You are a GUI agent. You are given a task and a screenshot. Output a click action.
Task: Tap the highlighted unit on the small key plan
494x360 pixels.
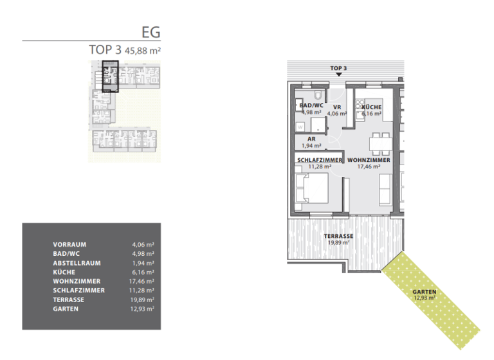(x=111, y=76)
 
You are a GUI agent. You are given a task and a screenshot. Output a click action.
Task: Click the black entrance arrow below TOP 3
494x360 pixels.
(x=338, y=75)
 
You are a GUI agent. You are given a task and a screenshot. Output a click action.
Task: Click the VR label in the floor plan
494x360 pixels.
(x=336, y=107)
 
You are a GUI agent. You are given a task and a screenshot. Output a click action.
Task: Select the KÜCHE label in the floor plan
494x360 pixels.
(x=372, y=107)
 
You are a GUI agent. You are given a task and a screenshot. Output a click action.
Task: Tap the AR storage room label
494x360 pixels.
(x=311, y=139)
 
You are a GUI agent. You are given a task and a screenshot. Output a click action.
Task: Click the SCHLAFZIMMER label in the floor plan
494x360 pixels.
(x=320, y=159)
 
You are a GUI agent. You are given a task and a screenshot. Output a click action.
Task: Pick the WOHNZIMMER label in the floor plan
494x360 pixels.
(x=369, y=159)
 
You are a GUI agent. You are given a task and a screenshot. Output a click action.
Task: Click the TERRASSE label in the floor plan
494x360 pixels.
(x=338, y=236)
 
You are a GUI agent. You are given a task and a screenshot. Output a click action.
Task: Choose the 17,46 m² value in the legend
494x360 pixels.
(x=142, y=282)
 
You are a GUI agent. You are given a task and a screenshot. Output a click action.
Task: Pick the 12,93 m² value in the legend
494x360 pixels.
(x=142, y=309)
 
